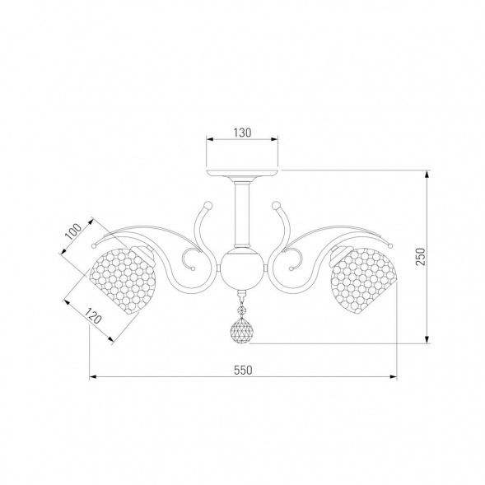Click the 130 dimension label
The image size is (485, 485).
(242, 133)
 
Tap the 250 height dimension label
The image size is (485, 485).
(420, 256)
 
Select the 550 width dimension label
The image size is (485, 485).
(243, 370)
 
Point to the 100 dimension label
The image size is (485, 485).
(74, 231)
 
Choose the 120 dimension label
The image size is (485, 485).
(92, 315)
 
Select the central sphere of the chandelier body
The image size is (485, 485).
(242, 268)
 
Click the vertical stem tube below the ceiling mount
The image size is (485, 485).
(242, 213)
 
